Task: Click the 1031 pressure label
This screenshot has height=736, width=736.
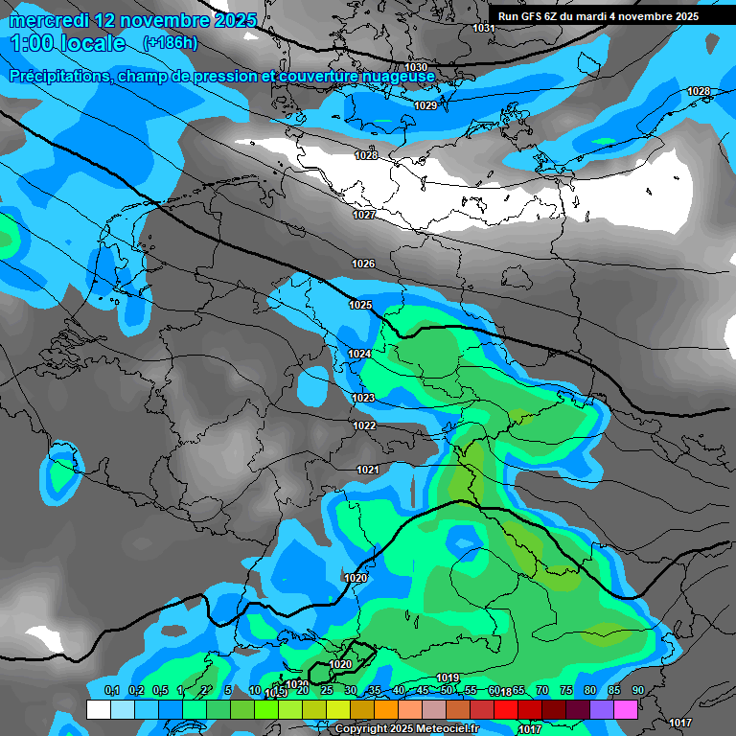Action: point(484,28)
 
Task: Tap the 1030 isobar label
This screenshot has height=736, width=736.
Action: point(417,67)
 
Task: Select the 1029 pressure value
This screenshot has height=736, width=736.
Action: point(425,105)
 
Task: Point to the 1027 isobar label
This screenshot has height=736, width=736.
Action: point(364,215)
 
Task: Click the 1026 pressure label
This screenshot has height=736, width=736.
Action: point(363,264)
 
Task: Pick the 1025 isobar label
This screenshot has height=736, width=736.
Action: point(360,305)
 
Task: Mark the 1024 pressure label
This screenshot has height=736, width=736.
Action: point(359,354)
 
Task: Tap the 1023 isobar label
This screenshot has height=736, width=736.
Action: point(363,398)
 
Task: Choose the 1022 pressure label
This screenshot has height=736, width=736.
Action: point(364,425)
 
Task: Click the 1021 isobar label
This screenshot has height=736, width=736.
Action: point(368,470)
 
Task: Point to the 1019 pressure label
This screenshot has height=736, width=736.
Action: point(448,678)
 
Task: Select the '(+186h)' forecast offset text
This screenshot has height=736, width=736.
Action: point(170,42)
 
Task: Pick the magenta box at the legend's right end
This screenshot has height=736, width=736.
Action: point(626,709)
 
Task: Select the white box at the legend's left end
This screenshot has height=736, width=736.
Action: point(98,709)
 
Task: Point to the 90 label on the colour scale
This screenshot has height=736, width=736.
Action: point(637,690)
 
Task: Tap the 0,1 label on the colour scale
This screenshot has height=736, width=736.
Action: point(111,690)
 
